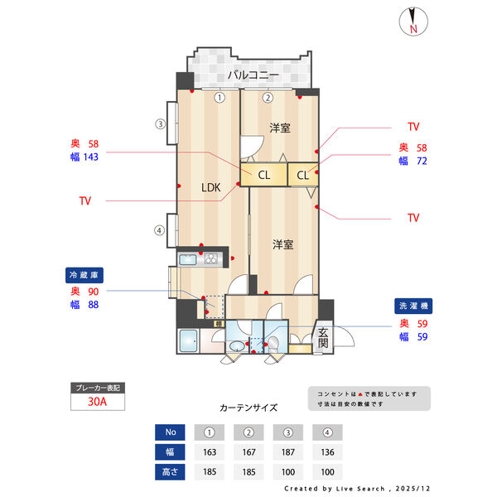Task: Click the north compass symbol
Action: point(412,22)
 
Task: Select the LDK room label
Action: point(211,187)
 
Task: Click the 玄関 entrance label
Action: point(323,337)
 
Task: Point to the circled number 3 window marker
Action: point(161,125)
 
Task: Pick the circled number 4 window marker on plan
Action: point(159,230)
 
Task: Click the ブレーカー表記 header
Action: point(98,388)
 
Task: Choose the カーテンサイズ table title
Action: point(248,408)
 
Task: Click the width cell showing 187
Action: point(289,452)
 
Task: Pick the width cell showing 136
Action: point(329,452)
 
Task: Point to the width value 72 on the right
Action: point(422,161)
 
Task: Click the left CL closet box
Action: point(263,175)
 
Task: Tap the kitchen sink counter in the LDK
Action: point(198,259)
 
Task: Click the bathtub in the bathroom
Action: point(189,341)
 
